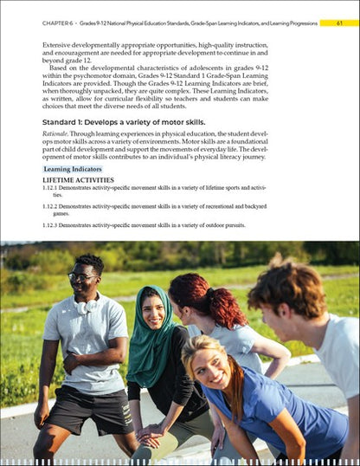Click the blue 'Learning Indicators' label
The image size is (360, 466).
click(x=73, y=169)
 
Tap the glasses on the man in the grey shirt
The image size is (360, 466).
click(x=81, y=277)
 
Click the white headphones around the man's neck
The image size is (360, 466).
click(x=87, y=305)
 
